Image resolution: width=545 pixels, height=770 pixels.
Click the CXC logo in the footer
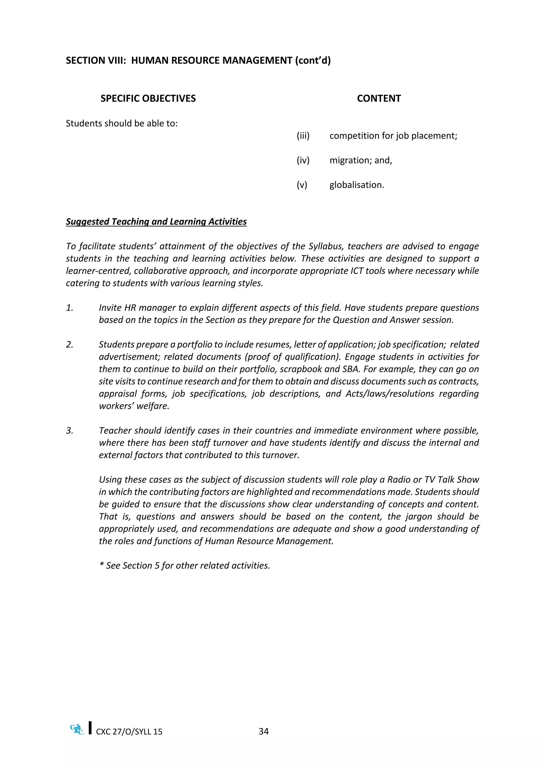click(77, 730)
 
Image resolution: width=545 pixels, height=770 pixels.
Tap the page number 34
click(263, 731)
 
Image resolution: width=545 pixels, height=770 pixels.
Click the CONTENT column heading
click(379, 99)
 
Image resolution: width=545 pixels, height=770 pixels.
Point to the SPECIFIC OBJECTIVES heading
click(148, 99)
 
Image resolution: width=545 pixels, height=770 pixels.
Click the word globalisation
click(356, 185)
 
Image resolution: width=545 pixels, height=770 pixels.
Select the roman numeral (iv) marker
click(303, 160)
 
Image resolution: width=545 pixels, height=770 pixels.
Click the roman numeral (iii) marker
click(303, 136)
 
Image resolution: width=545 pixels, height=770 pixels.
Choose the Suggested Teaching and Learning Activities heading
click(156, 222)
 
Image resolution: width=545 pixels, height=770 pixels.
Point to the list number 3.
click(69, 431)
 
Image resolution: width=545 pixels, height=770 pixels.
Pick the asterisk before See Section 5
click(101, 566)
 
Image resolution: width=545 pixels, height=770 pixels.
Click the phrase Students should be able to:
click(122, 124)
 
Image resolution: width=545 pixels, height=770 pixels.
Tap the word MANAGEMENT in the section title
click(257, 61)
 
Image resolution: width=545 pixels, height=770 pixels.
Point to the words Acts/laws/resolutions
click(390, 394)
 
